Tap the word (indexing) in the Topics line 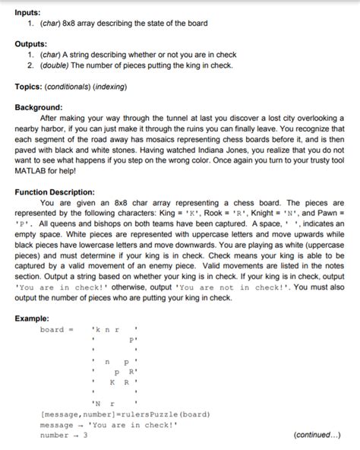109,87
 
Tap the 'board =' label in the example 56,330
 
